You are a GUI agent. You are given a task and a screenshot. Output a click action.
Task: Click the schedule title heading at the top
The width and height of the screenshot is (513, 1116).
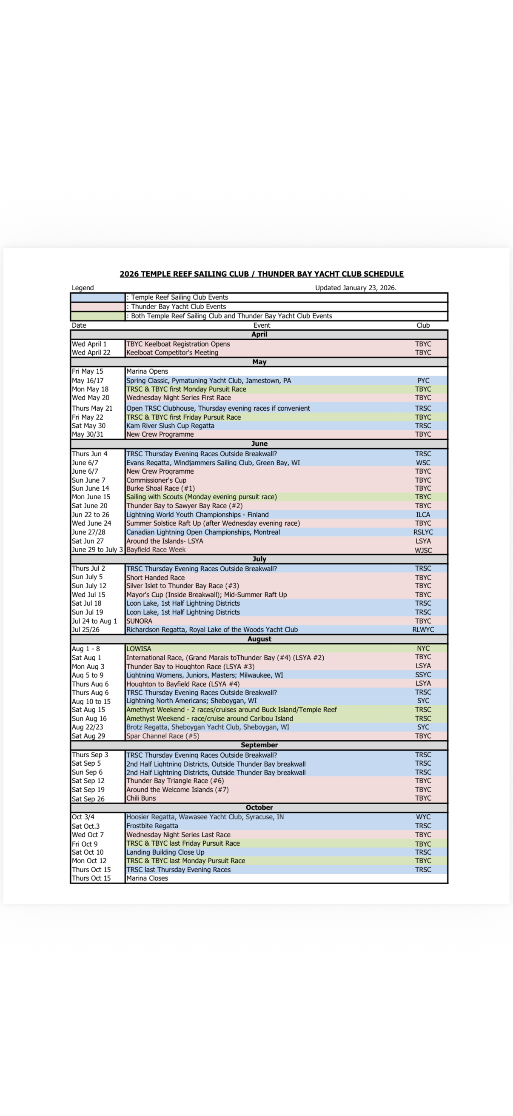coord(262,274)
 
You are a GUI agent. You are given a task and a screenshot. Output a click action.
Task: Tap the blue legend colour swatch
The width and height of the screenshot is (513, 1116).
coord(98,298)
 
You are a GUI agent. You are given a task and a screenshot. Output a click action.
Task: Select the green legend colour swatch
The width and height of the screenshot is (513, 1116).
coord(98,316)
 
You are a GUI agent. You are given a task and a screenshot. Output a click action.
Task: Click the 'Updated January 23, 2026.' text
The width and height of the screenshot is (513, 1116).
coord(356,288)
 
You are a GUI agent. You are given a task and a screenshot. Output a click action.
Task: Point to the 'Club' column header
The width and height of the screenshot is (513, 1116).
coord(423,325)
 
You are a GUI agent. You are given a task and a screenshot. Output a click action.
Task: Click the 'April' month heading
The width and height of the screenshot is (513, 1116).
coord(259,335)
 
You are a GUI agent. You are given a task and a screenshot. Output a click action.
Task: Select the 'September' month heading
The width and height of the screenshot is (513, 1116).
coord(259,745)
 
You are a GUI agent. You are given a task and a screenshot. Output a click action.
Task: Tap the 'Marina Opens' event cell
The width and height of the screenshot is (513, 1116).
coord(147,371)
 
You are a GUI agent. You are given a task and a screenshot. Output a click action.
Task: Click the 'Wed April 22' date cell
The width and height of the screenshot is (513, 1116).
coord(91,353)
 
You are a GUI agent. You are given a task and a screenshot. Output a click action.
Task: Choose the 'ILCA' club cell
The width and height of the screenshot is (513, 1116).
coord(423,515)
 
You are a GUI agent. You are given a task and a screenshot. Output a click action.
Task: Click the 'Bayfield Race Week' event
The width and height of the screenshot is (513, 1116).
coord(156,550)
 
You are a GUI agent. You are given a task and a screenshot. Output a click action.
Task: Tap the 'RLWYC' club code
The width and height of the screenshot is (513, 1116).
coord(423,630)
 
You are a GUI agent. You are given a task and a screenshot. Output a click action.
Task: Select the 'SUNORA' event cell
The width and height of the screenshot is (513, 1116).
coord(140,621)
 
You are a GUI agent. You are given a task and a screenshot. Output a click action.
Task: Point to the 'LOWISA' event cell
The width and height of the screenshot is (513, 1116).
coord(139,649)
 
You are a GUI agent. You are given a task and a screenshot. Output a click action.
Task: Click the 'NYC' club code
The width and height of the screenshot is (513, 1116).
coord(423,649)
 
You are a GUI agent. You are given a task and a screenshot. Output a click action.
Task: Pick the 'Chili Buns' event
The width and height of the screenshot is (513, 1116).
coord(141,798)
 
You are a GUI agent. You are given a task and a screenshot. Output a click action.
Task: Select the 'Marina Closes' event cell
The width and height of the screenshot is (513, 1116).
coord(147,878)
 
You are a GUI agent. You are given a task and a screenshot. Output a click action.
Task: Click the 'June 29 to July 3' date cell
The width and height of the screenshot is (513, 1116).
coord(97,550)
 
